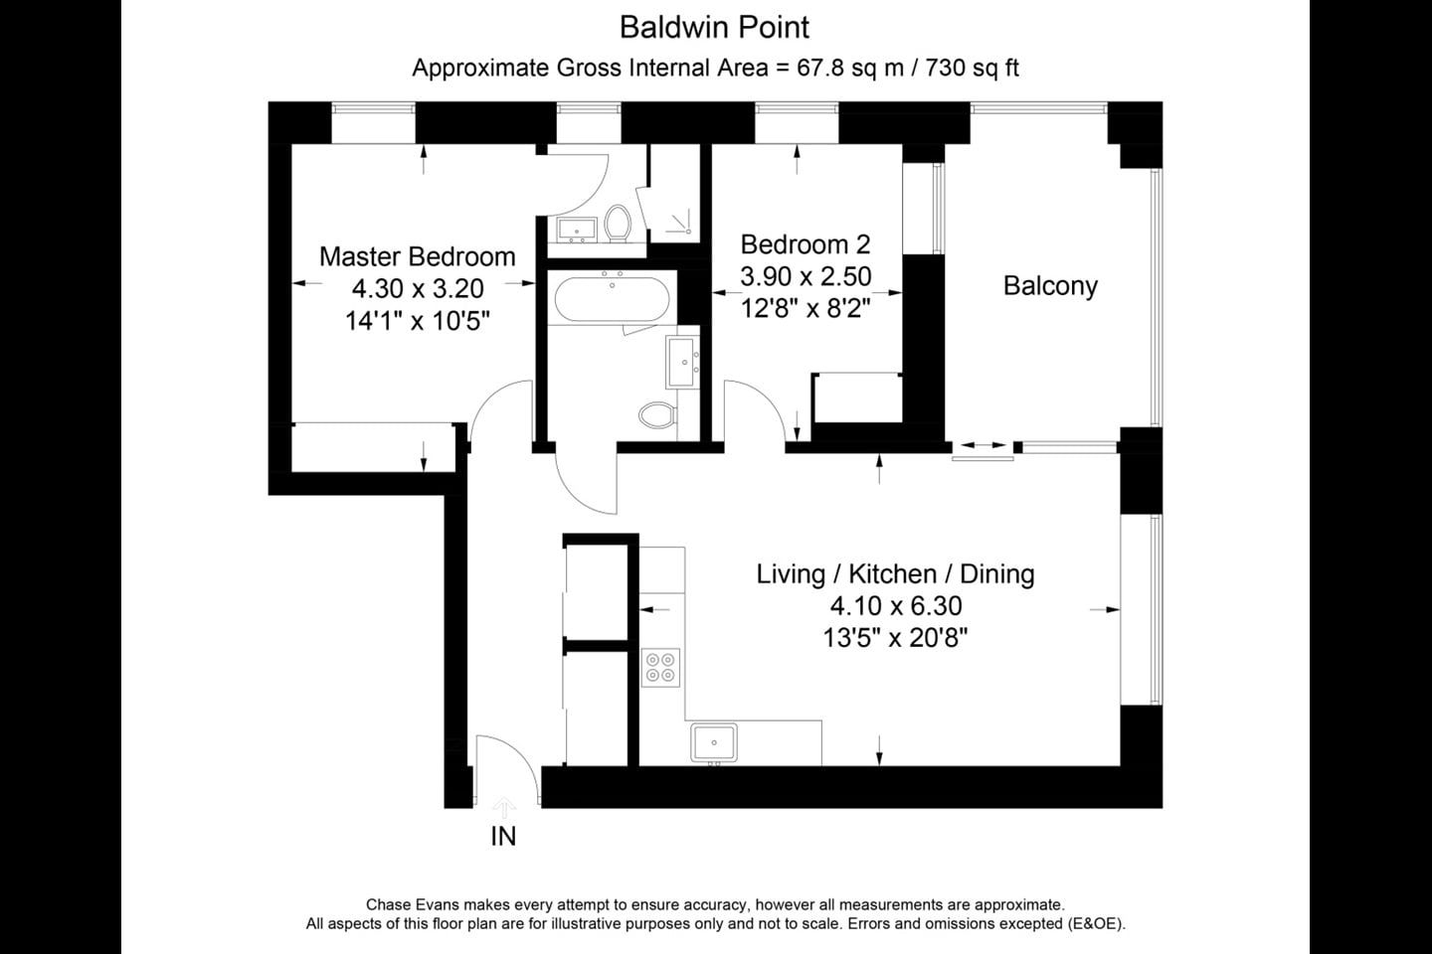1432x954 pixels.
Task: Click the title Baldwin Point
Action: (x=714, y=28)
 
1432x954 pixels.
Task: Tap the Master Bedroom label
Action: (x=417, y=256)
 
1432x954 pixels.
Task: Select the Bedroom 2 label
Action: (x=805, y=244)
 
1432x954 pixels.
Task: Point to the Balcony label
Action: (x=1050, y=285)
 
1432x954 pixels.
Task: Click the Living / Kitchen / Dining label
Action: (x=895, y=573)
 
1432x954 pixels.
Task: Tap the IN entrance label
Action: (x=503, y=836)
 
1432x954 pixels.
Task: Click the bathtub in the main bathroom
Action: (x=612, y=298)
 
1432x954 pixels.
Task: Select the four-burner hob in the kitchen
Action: (x=660, y=667)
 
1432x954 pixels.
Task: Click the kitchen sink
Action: (x=713, y=742)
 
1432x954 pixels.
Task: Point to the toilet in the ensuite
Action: (x=618, y=223)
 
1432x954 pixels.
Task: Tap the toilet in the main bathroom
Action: (x=657, y=414)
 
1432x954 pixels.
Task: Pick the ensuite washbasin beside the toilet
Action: (x=576, y=230)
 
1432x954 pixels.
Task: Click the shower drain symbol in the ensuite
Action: (x=680, y=223)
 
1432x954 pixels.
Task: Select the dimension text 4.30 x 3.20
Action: (x=418, y=289)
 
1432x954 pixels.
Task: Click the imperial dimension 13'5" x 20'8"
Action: (x=895, y=638)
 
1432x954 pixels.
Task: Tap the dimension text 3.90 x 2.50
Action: (x=805, y=276)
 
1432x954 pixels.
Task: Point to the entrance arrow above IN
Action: (x=504, y=808)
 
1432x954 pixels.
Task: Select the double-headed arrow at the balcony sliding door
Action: (x=983, y=445)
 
